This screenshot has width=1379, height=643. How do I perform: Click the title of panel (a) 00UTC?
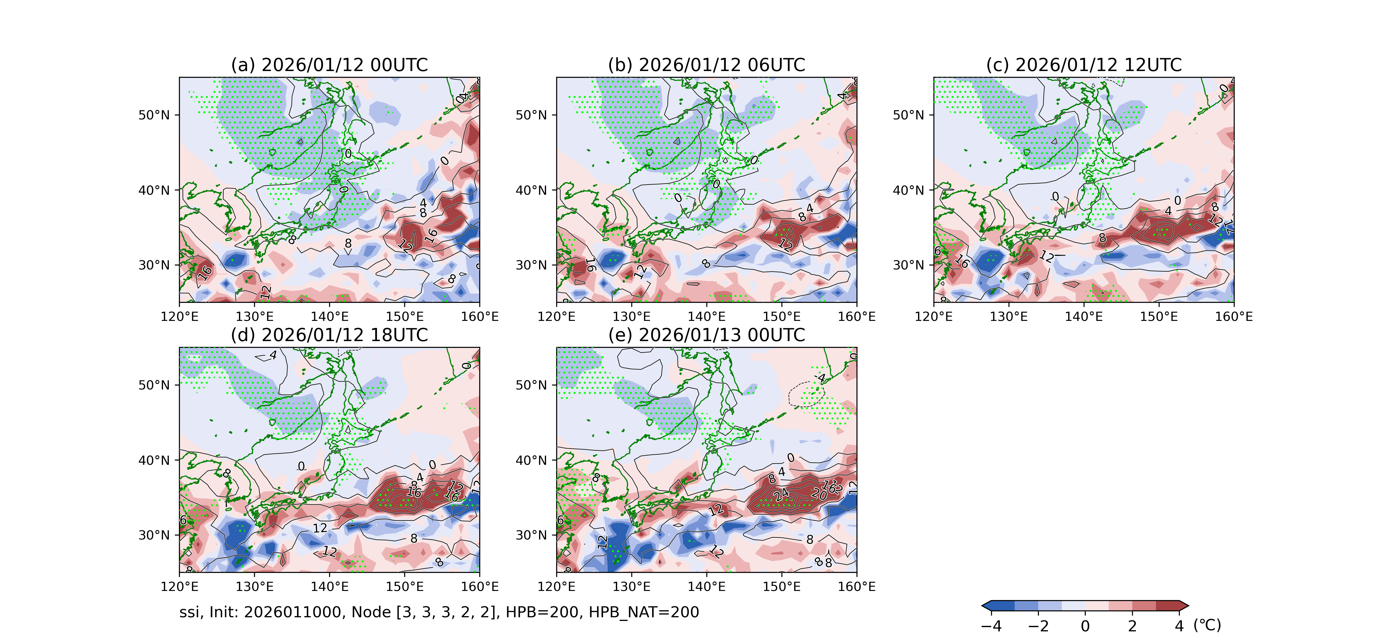click(x=329, y=65)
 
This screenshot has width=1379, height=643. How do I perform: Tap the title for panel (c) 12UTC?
click(x=1084, y=65)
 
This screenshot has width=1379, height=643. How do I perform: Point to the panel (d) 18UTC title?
click(x=329, y=335)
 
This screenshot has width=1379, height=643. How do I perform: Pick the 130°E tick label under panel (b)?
click(x=632, y=317)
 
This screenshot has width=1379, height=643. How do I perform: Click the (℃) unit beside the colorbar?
click(x=1207, y=625)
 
